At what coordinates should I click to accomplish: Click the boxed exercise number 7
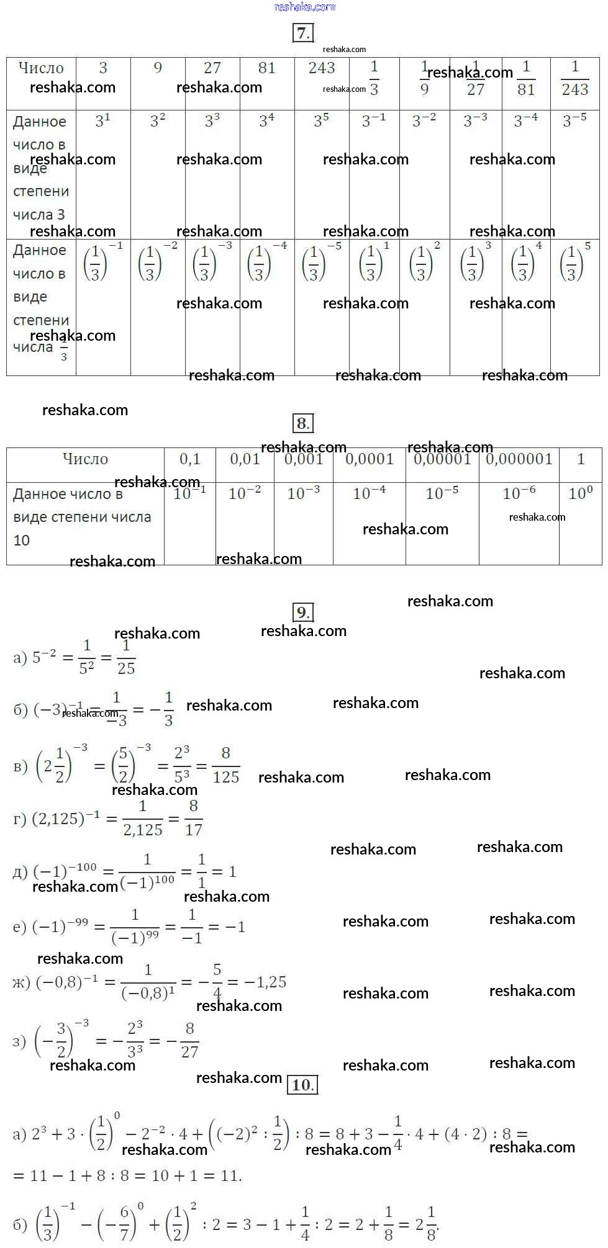303,33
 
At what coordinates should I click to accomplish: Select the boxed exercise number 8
303,423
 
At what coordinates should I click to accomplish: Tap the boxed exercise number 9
303,613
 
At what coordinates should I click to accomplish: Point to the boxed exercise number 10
303,1085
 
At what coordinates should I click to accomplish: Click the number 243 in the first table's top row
322,68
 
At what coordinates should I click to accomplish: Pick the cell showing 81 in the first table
267,68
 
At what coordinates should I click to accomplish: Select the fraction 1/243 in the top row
575,79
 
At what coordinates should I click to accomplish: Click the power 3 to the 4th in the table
267,120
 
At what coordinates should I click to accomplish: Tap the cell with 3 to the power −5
574,120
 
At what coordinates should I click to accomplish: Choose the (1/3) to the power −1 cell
102,263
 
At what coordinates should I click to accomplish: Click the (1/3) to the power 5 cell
575,263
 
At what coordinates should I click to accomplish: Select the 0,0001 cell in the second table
370,459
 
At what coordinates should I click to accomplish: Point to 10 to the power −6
519,493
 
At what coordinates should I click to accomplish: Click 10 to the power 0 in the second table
581,493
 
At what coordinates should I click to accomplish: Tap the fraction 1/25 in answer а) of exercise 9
126,657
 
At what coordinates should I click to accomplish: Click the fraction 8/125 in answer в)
226,765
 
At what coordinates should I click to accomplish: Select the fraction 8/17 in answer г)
194,818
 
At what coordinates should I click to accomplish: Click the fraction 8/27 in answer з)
189,1040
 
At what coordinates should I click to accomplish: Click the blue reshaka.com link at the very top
304,7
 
